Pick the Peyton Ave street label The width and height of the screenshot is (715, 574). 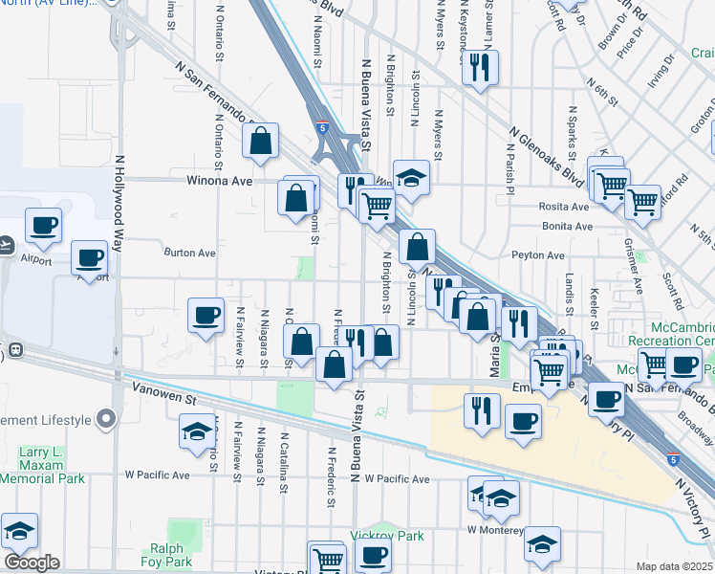coord(538,255)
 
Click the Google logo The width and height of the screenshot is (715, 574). coord(32,563)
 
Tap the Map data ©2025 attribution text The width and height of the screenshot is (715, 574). coord(674,566)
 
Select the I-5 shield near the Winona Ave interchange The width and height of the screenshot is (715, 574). coord(323,126)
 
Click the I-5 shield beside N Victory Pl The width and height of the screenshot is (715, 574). coord(675,458)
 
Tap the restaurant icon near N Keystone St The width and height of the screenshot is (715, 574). coord(479,67)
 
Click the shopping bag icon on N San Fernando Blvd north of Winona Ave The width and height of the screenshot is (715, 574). coord(260,142)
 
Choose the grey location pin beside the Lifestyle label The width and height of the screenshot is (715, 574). coord(106,419)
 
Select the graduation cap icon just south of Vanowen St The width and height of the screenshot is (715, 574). coord(196,431)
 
